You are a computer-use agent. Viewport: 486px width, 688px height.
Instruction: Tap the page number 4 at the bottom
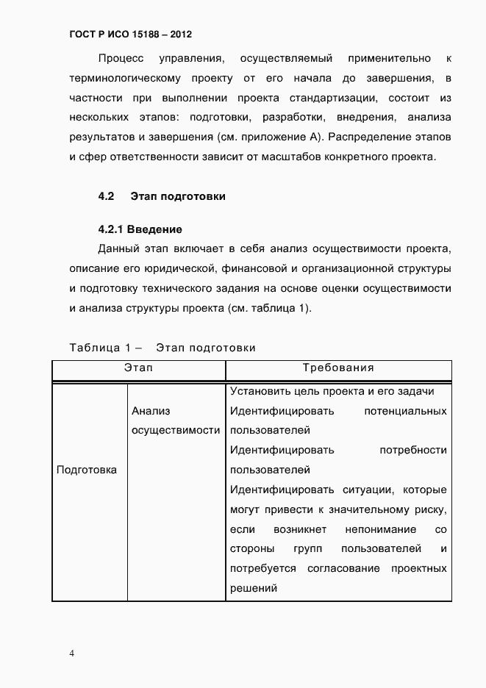tap(72, 653)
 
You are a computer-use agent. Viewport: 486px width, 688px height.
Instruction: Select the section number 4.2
tap(106, 196)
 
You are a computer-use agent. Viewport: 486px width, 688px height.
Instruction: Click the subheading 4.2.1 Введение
tap(140, 229)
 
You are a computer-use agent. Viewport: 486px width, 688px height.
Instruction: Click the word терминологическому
tap(124, 78)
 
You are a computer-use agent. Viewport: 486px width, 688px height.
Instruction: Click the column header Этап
tap(138, 368)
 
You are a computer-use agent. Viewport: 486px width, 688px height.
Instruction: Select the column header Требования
tap(338, 368)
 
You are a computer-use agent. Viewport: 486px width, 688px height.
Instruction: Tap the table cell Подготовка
tap(87, 470)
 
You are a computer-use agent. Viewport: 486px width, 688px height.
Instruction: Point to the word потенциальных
tap(405, 411)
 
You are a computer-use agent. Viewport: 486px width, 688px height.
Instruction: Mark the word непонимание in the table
tap(365, 529)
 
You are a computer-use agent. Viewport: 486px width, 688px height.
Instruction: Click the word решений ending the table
tap(252, 588)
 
